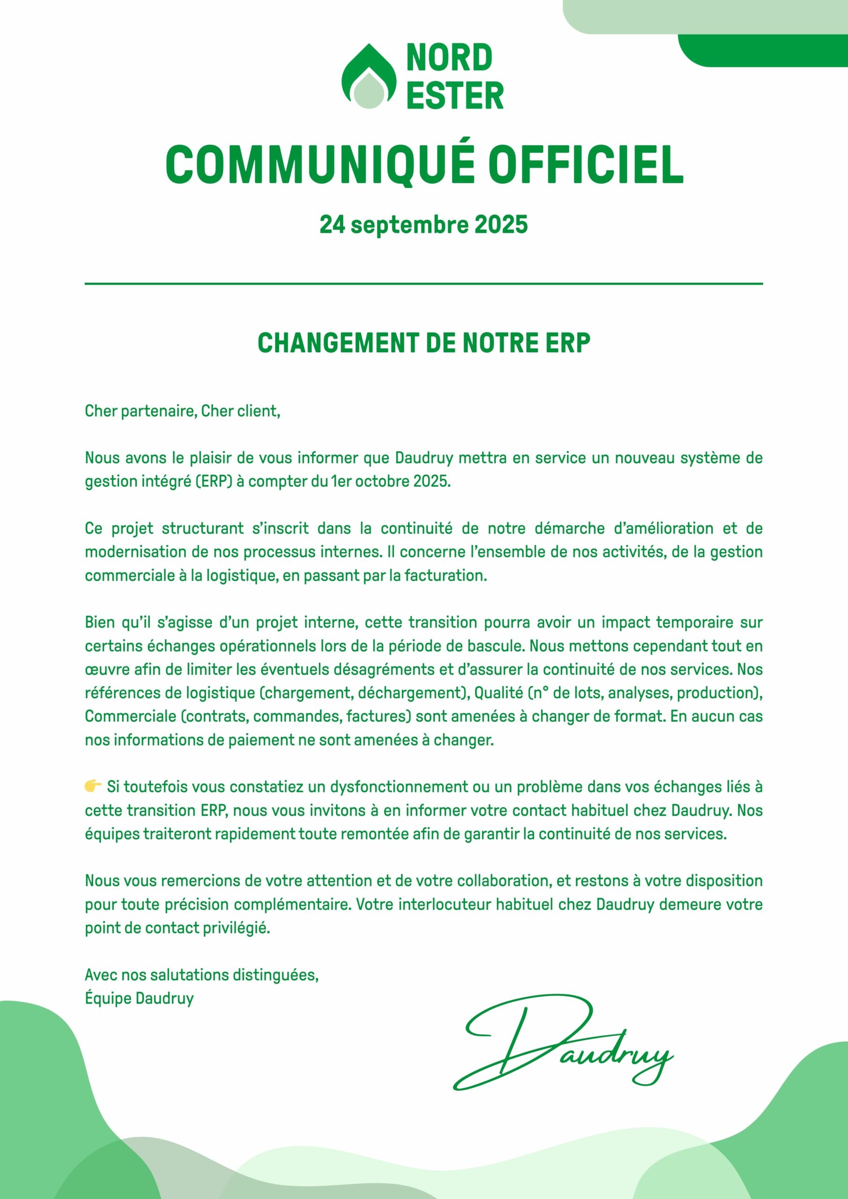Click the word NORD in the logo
tap(449, 58)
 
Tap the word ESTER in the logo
tap(454, 95)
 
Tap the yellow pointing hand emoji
tap(93, 786)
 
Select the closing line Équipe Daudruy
tap(139, 998)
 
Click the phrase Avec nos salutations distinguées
tap(201, 975)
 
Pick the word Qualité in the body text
tap(498, 693)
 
